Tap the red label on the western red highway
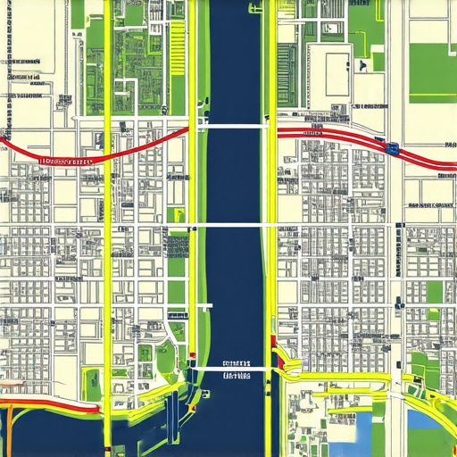point(67,162)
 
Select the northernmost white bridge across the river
point(234,127)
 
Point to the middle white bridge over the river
point(234,225)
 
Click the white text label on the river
point(236,371)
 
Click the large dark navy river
point(234,286)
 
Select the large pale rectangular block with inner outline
point(337,73)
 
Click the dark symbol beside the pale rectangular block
point(361,65)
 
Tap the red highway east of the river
point(339,135)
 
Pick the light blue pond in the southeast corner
point(423,419)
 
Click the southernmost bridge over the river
point(234,368)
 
